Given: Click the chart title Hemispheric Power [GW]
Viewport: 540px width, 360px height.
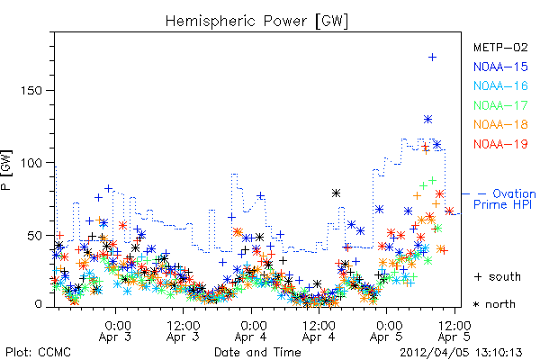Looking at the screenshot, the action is [256, 21].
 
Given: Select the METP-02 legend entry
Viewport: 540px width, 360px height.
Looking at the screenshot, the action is [500, 47].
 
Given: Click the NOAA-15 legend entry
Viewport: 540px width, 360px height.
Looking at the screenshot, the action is [500, 67].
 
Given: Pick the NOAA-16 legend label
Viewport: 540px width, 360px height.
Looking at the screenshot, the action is [500, 85].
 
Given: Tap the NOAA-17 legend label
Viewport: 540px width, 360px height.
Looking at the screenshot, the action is [500, 105].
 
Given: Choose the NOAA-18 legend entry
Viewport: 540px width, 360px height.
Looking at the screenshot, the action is [500, 124].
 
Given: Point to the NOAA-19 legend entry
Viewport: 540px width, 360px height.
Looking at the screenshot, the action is [500, 144].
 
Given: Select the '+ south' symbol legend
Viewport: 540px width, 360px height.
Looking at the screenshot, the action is [498, 276].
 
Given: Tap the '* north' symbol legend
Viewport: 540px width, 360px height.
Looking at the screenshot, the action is [494, 304].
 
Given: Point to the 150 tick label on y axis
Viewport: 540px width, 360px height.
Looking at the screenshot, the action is [31, 91].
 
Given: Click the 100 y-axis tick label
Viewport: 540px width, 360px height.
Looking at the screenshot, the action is [31, 163].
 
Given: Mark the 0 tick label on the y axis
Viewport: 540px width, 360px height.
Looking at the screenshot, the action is [38, 304].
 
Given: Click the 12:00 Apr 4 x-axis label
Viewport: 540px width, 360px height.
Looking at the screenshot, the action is [319, 330].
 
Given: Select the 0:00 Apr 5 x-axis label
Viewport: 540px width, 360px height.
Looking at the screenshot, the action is [386, 330].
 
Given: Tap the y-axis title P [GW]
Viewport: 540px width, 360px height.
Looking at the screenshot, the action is [6, 170].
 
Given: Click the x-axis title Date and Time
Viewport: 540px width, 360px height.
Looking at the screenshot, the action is [257, 353].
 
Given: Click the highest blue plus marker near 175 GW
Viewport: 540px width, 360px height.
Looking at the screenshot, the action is [432, 58].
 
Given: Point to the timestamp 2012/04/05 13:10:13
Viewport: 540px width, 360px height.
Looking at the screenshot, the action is [461, 353].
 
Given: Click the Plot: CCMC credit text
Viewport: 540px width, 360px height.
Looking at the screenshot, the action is [38, 353].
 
